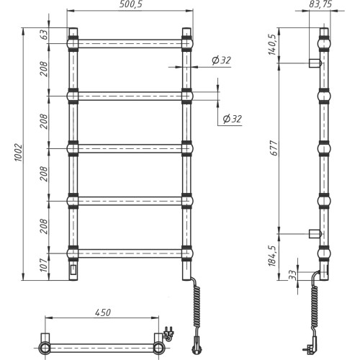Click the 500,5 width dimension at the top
[131, 4]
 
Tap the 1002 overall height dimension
[19, 153]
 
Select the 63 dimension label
[45, 35]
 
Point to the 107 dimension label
[44, 265]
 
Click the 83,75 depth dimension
[320, 4]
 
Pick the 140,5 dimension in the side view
[273, 45]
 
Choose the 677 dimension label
[274, 148]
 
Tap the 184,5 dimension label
[273, 256]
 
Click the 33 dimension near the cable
[292, 275]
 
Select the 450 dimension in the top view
[103, 312]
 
